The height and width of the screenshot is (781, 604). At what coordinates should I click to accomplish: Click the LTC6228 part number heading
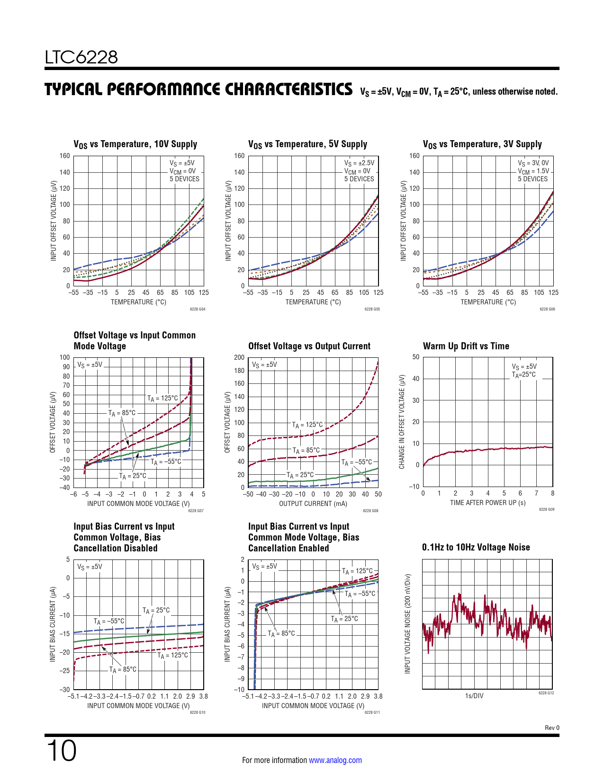(81, 57)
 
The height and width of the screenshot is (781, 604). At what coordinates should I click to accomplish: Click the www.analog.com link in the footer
(335, 760)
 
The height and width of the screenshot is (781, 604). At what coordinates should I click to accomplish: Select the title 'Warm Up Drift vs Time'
(466, 346)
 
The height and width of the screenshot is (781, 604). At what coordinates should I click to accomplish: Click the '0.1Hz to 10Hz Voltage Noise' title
(476, 547)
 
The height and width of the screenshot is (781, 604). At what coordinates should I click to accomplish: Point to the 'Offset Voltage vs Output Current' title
(309, 346)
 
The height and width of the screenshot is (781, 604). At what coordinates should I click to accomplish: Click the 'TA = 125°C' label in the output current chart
(307, 425)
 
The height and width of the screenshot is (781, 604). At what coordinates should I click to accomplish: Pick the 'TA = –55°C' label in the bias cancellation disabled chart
(109, 621)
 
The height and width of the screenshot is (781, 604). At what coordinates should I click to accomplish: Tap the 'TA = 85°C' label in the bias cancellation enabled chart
(281, 633)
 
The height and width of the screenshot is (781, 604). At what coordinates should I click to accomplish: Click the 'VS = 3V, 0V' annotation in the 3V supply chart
(533, 163)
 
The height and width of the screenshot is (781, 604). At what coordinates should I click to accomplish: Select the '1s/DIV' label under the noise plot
(474, 696)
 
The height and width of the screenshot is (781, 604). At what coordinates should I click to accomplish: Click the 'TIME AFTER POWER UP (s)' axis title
(487, 503)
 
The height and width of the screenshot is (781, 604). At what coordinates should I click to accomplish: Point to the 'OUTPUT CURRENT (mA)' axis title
(313, 504)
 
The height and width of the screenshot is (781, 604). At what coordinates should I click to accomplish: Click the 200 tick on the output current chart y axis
(239, 357)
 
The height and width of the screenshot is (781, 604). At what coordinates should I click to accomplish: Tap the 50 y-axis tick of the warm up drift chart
(415, 357)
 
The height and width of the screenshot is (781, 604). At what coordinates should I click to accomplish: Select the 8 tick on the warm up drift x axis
(552, 493)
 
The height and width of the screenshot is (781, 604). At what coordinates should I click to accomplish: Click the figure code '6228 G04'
(198, 309)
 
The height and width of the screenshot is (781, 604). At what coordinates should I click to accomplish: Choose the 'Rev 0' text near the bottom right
(552, 728)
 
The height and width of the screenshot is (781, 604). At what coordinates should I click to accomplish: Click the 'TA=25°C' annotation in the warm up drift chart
(523, 374)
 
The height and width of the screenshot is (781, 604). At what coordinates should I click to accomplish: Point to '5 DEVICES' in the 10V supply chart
(184, 179)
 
